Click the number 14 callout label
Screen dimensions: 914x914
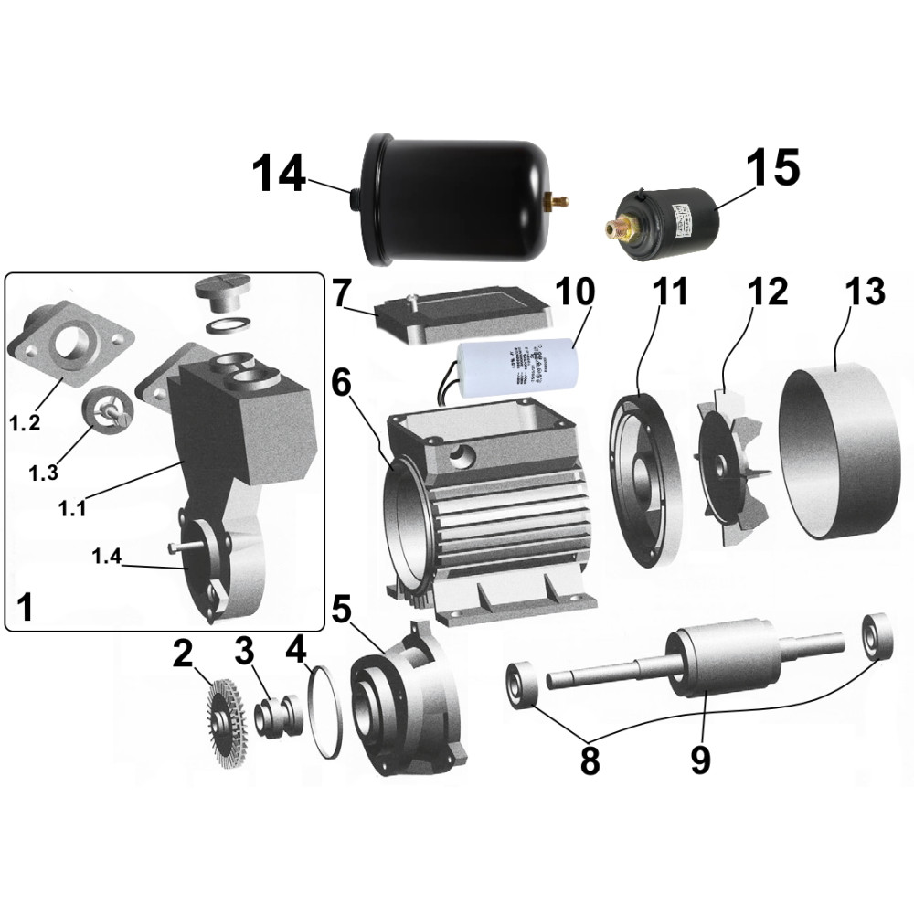[279, 173]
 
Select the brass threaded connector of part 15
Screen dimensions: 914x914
[620, 228]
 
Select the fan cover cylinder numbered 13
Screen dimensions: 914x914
[834, 453]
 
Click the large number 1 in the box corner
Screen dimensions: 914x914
[27, 606]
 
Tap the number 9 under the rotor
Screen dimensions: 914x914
[700, 758]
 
